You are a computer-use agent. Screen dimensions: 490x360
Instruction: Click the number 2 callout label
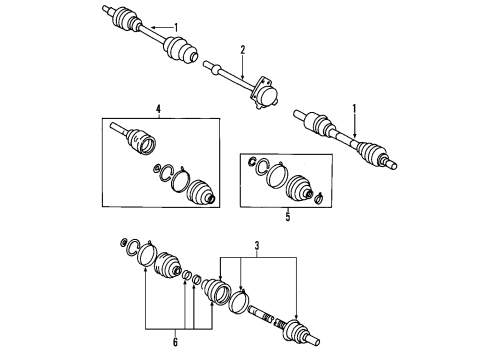click(x=243, y=50)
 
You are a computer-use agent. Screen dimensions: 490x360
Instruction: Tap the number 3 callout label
click(x=257, y=246)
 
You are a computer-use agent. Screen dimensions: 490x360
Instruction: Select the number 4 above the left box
click(x=158, y=109)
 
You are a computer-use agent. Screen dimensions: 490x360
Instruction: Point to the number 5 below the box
click(x=287, y=217)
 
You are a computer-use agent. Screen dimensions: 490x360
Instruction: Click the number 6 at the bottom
click(x=175, y=342)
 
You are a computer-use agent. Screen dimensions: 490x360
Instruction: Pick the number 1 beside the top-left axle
click(x=176, y=27)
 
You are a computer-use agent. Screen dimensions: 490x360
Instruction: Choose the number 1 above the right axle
click(x=355, y=109)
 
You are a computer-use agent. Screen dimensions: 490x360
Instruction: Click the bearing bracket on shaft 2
click(x=264, y=92)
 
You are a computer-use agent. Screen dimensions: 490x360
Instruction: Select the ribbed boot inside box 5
click(x=299, y=188)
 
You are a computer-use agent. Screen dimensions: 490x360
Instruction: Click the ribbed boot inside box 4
click(x=201, y=192)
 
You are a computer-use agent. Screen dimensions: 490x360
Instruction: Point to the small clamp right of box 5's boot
click(x=319, y=198)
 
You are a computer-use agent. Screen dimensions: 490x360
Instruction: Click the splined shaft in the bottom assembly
click(x=260, y=314)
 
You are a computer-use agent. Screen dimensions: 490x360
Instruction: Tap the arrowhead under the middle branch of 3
click(x=241, y=288)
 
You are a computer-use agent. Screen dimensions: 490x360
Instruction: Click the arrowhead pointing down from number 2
click(x=243, y=77)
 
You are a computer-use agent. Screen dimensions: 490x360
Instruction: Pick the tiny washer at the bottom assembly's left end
click(x=123, y=242)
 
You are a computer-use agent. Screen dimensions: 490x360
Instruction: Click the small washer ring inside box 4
click(x=157, y=168)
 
